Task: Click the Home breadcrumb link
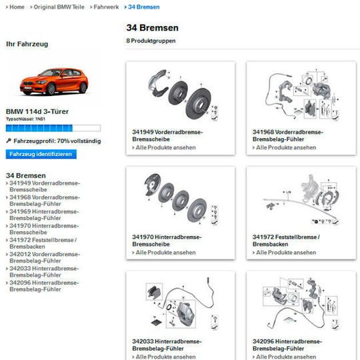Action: tap(17, 6)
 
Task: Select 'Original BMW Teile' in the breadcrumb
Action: tap(59, 6)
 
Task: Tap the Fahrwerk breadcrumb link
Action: tap(106, 6)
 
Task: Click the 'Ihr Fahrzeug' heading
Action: tap(27, 44)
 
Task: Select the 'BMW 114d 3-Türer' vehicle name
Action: tap(37, 111)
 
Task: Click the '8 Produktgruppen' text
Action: tap(151, 41)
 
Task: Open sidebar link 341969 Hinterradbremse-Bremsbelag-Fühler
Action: tap(43, 215)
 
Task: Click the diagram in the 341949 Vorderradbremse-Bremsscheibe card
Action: tap(180, 93)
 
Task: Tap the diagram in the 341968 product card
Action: tap(300, 93)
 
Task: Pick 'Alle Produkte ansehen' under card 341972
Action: tap(286, 253)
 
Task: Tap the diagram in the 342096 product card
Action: tap(300, 303)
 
